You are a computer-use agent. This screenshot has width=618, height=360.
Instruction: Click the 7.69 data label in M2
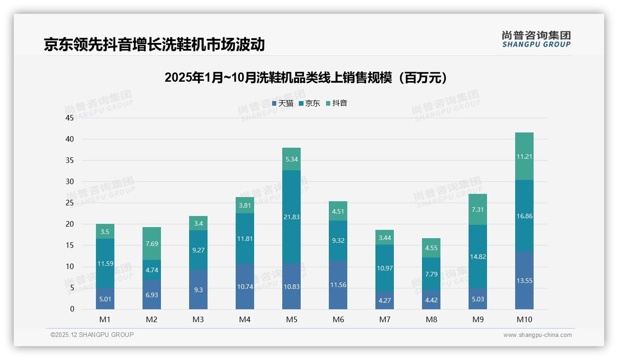[151, 244]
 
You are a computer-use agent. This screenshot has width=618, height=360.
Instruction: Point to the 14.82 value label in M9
[477, 257]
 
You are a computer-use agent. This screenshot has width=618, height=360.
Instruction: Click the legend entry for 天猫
[282, 103]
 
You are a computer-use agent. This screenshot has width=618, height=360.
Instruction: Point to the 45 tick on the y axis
[70, 118]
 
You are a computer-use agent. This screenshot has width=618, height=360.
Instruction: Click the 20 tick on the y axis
[70, 224]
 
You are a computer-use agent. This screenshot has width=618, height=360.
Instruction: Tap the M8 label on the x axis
[431, 320]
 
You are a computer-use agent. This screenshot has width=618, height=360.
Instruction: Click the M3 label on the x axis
[198, 320]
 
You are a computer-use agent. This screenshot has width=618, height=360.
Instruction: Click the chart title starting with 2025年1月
[306, 78]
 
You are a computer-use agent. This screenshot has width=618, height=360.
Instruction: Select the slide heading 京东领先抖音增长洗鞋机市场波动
[154, 44]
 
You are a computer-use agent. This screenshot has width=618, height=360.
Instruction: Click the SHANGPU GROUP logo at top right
[536, 39]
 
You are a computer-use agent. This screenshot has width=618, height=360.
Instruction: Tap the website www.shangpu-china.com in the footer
[537, 335]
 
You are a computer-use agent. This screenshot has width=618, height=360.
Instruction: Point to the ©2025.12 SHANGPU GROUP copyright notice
[92, 335]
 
